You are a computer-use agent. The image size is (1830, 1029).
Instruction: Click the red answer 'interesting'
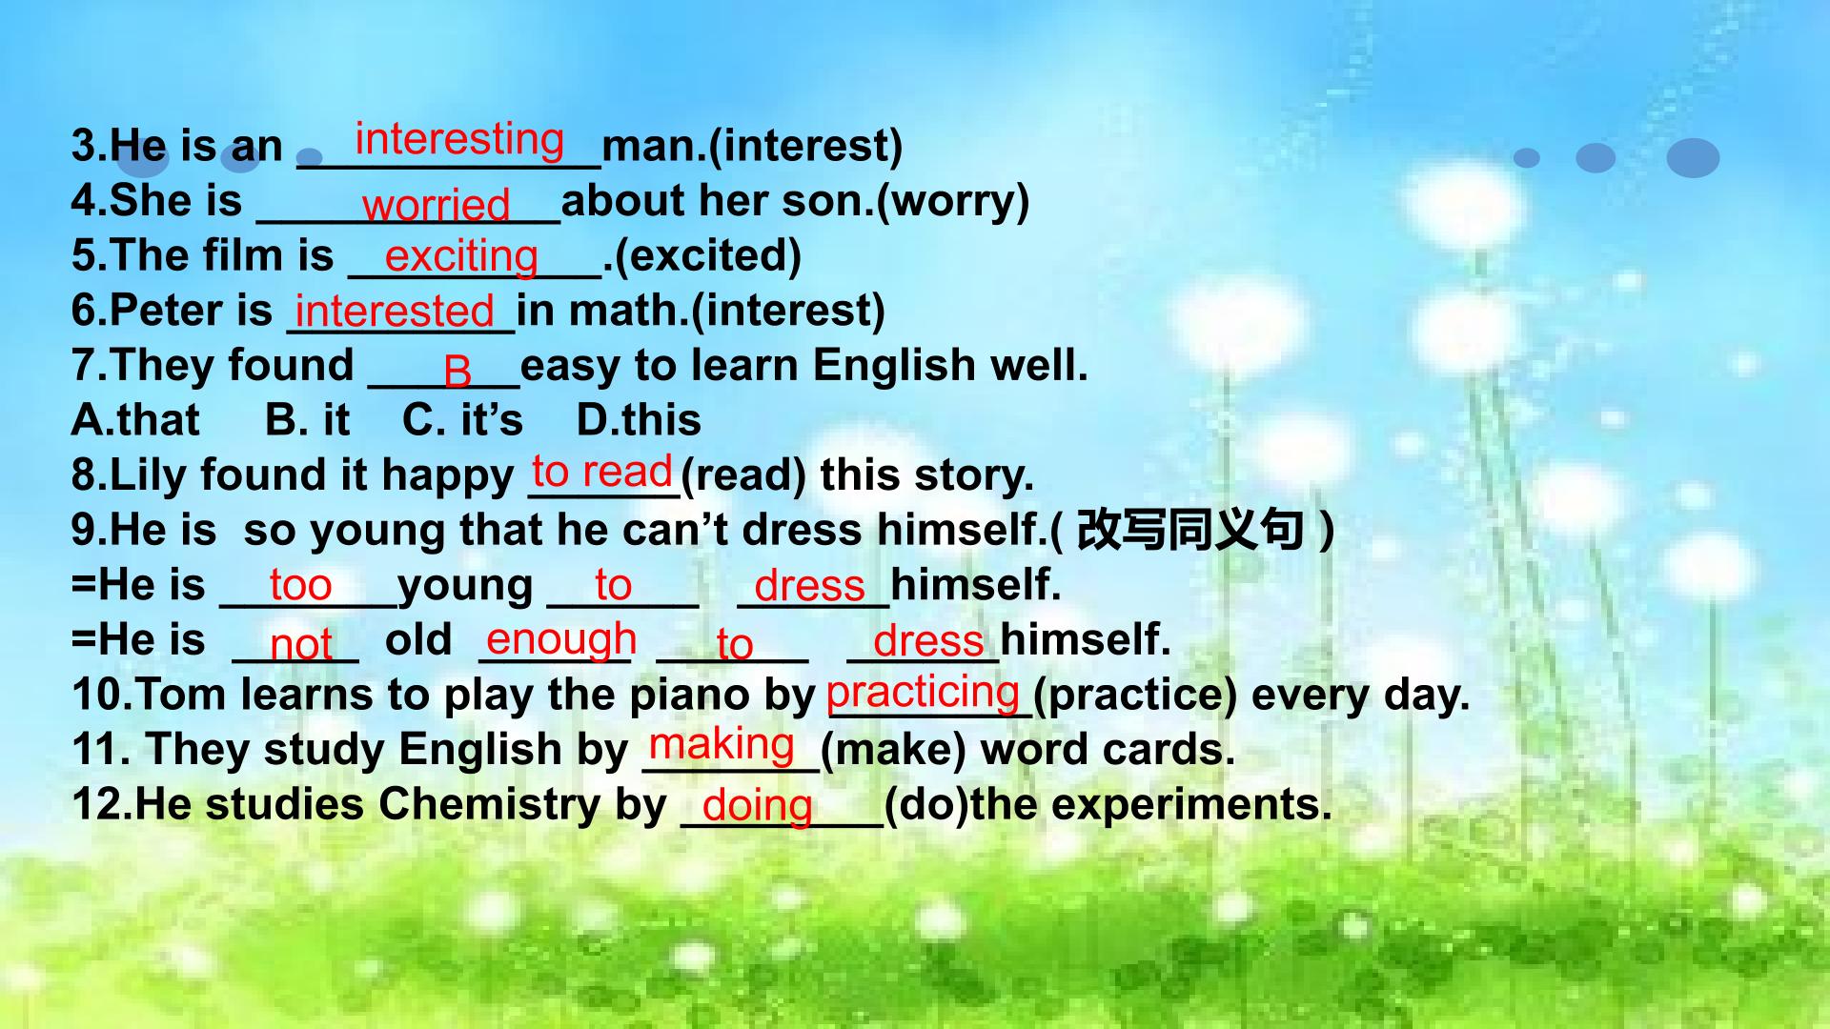pyautogui.click(x=459, y=139)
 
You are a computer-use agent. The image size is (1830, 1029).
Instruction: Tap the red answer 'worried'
pyautogui.click(x=437, y=204)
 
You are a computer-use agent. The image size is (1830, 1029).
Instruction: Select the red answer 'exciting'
pyautogui.click(x=461, y=256)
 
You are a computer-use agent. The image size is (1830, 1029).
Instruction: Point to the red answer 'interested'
pyautogui.click(x=395, y=311)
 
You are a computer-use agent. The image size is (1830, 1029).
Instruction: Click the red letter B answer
pyautogui.click(x=457, y=371)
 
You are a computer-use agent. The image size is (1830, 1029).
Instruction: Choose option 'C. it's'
pyautogui.click(x=462, y=420)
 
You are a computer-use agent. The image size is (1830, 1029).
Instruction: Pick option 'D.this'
pyautogui.click(x=639, y=420)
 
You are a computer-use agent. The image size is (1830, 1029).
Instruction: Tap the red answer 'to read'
pyautogui.click(x=602, y=472)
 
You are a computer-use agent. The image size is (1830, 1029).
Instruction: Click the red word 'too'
pyautogui.click(x=300, y=585)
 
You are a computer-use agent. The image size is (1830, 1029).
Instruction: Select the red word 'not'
pyautogui.click(x=301, y=645)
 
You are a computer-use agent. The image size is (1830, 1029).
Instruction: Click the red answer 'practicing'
pyautogui.click(x=923, y=693)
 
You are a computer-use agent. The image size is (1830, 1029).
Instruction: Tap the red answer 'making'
pyautogui.click(x=722, y=745)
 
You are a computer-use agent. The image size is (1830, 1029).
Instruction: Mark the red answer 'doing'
pyautogui.click(x=757, y=806)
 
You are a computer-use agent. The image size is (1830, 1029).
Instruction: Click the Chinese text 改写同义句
pyautogui.click(x=1189, y=530)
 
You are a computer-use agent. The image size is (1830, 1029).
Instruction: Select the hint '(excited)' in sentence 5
pyautogui.click(x=708, y=255)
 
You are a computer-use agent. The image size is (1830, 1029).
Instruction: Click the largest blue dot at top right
pyautogui.click(x=1694, y=158)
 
